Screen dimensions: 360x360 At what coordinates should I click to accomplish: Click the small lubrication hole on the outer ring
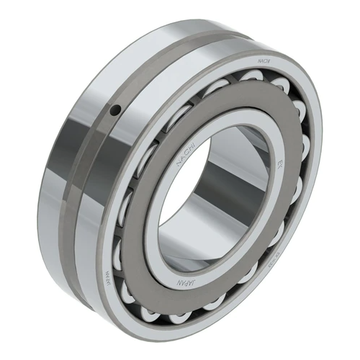115,109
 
